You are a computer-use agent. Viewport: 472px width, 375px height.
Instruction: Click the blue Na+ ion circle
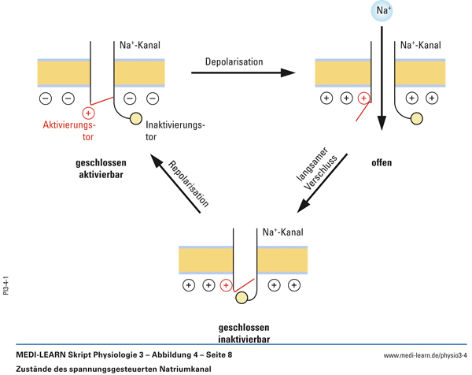[x=382, y=12]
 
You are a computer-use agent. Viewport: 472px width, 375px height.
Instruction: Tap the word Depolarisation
[x=234, y=61]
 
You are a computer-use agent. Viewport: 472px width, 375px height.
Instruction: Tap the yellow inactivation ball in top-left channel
[x=135, y=120]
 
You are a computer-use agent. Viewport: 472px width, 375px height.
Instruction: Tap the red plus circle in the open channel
[x=363, y=98]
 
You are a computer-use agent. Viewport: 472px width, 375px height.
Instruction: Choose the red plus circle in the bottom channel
[x=227, y=285]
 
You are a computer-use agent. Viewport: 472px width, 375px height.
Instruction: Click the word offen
[x=382, y=163]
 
